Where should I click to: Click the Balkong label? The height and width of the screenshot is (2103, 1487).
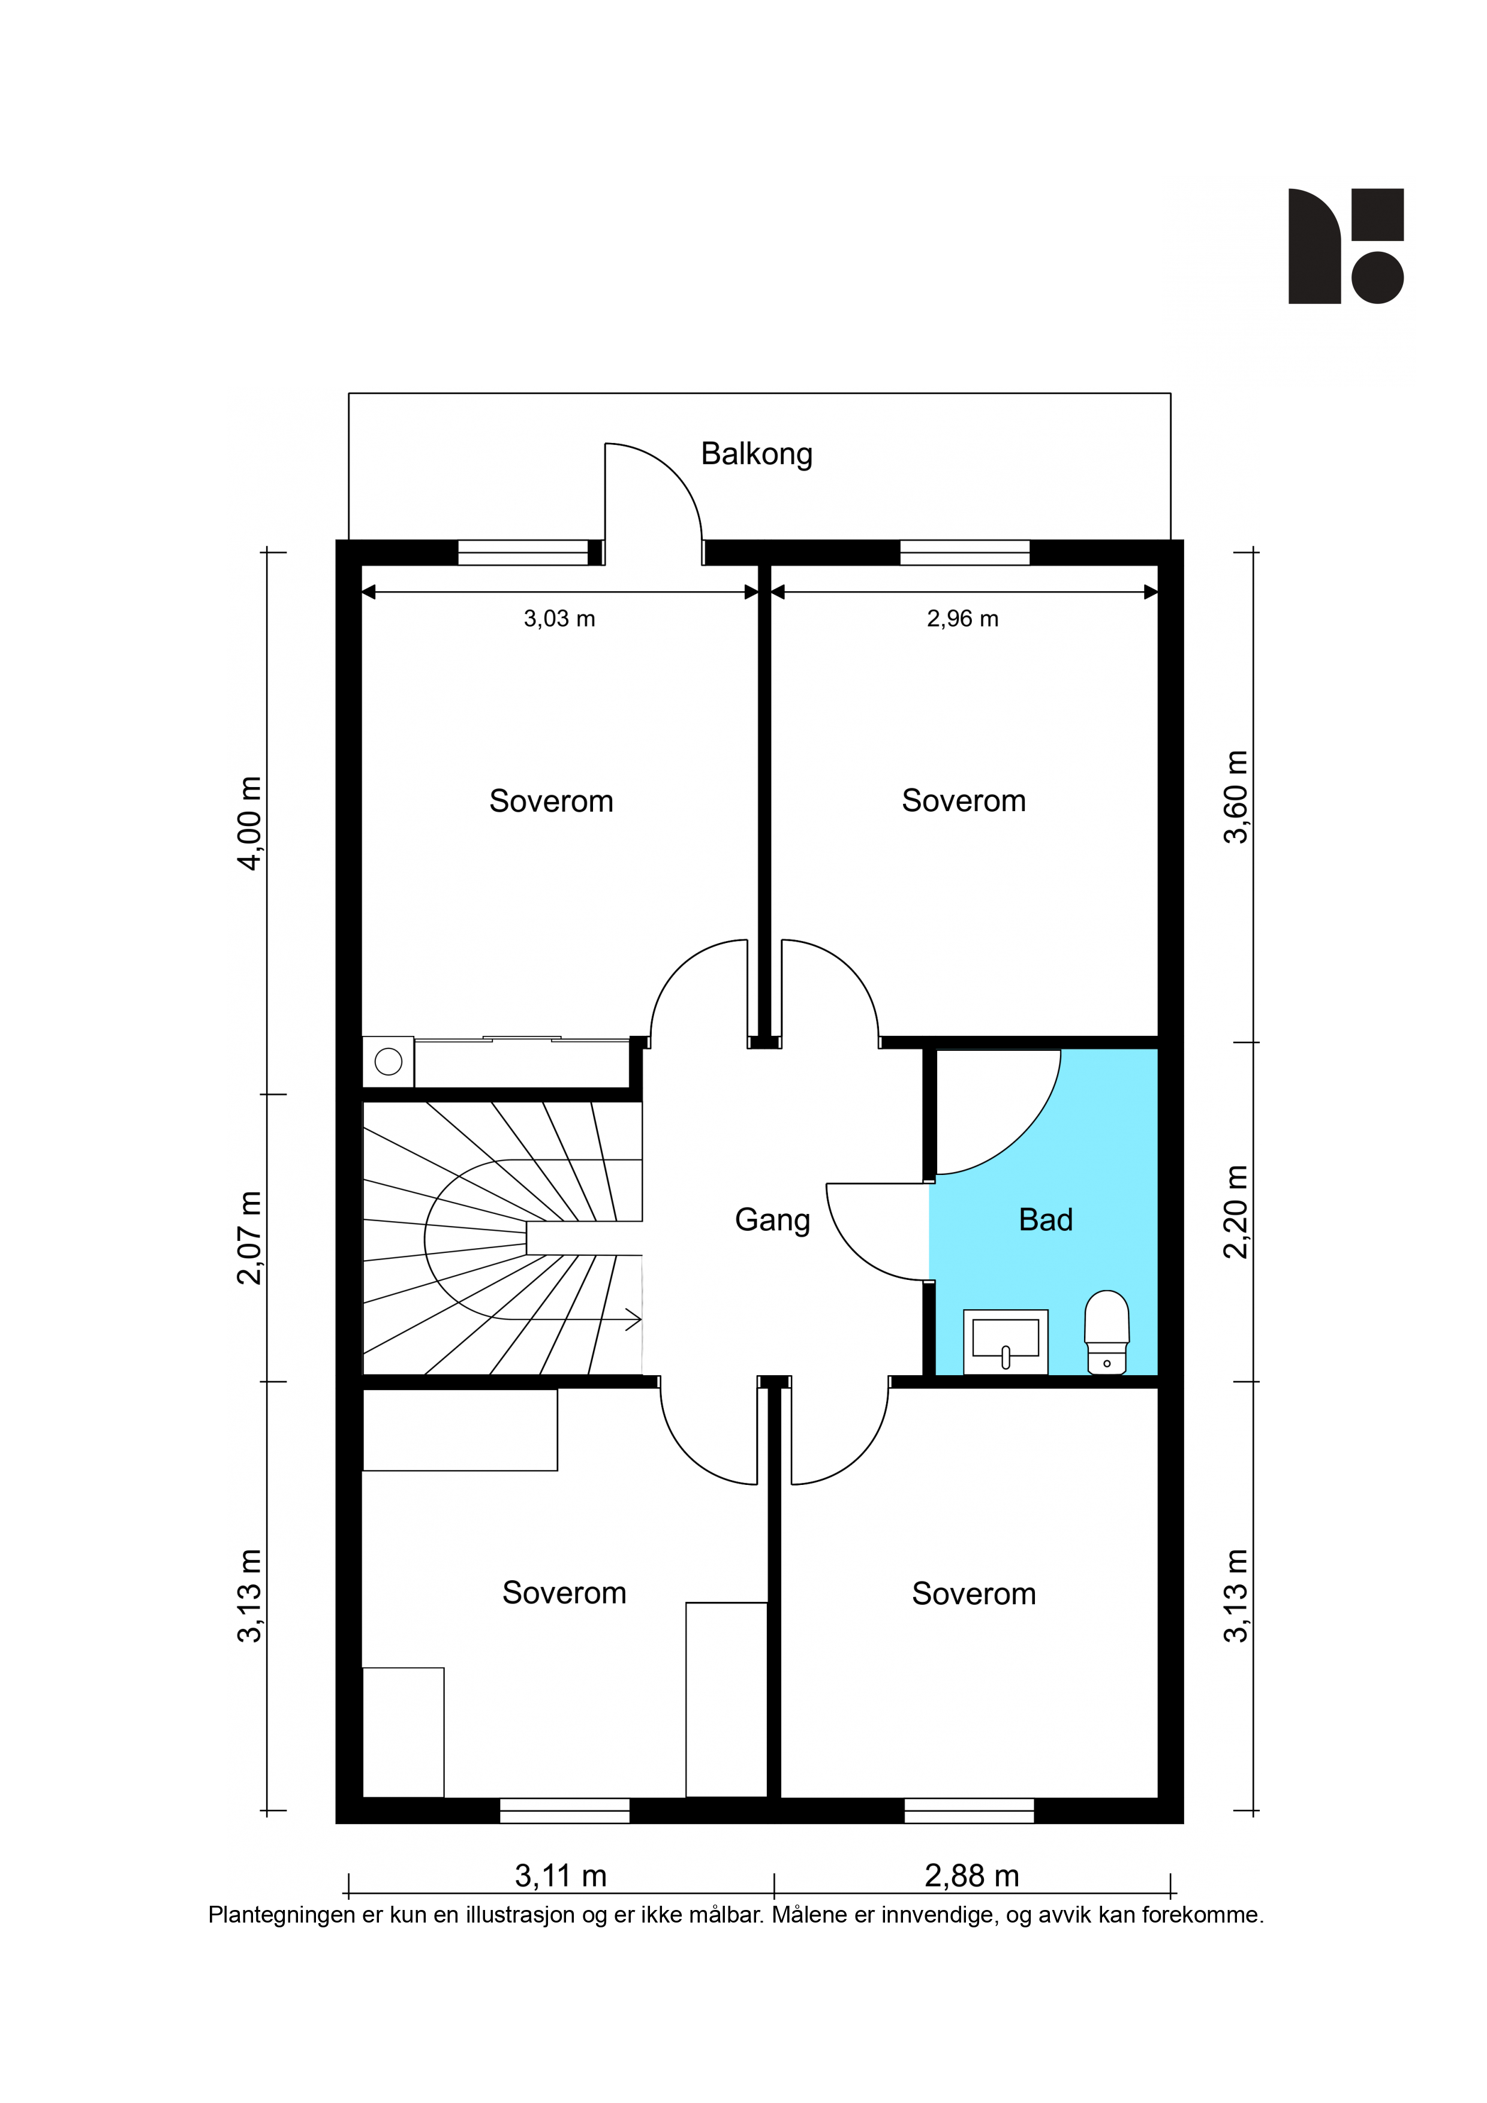[x=756, y=454]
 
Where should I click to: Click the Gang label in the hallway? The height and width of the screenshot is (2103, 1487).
[x=772, y=1221]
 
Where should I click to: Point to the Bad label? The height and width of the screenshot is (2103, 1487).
[x=1045, y=1220]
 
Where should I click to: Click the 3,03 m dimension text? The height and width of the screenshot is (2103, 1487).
[x=559, y=619]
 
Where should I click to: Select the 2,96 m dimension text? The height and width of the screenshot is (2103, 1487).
[x=962, y=619]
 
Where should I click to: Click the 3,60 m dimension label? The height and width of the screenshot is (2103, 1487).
[x=1236, y=797]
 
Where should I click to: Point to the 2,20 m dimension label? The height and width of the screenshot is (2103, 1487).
[x=1236, y=1212]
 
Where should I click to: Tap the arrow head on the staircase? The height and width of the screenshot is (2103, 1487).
[x=632, y=1320]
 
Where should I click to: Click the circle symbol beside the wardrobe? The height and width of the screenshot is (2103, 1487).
[x=389, y=1062]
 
